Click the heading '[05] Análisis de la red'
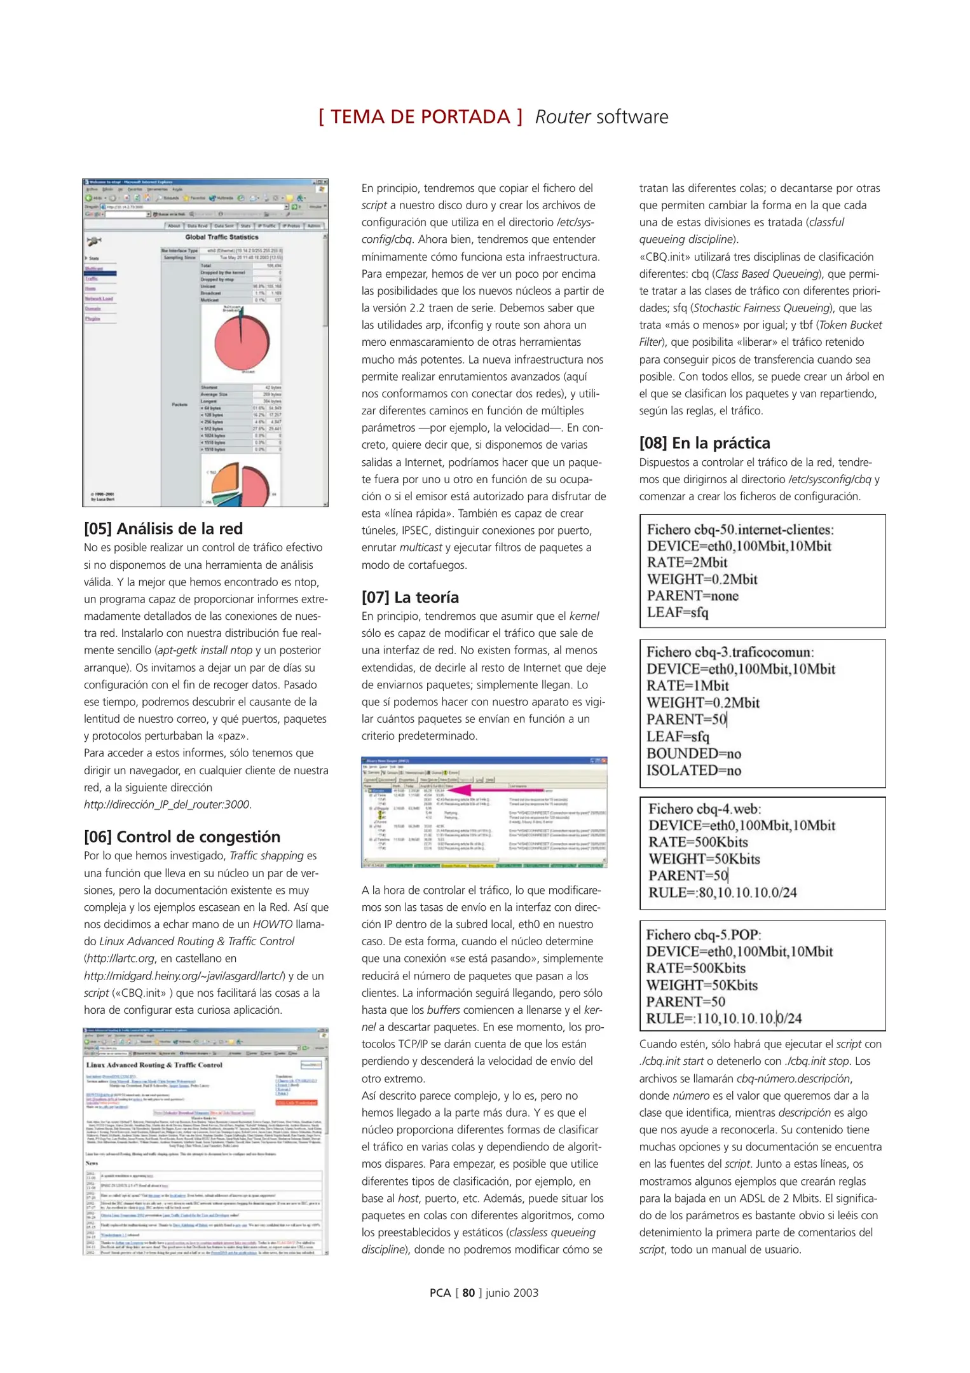tap(163, 529)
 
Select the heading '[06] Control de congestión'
tap(182, 837)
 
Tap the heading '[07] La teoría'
tap(410, 598)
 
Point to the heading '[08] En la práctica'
tap(704, 443)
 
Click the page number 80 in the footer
tap(468, 1293)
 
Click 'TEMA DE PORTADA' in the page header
tap(420, 117)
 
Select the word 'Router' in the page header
tap(563, 117)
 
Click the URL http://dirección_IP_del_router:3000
tap(167, 805)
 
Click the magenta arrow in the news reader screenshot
tap(470, 790)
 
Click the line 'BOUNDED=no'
tap(693, 754)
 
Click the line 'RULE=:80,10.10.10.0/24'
tap(722, 892)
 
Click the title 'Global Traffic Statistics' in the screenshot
tap(222, 237)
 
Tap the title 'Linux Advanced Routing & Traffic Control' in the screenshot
tap(154, 1065)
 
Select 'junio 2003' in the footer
tap(512, 1293)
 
